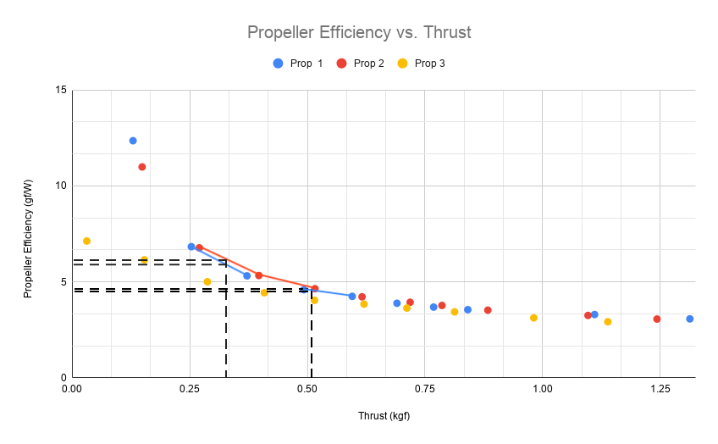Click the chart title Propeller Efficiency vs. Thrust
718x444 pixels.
click(359, 32)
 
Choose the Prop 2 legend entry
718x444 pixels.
click(361, 63)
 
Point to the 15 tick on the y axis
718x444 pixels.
click(61, 90)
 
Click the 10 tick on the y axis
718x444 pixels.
click(61, 186)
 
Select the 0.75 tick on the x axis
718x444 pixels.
click(424, 389)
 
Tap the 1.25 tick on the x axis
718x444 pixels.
click(660, 389)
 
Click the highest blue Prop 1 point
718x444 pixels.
click(133, 141)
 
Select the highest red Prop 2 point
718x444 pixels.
click(142, 167)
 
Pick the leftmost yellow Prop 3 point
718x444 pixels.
click(86, 241)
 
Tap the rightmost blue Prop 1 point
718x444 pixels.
click(690, 319)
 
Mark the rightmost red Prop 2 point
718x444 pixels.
click(657, 319)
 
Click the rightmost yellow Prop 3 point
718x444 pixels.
click(608, 321)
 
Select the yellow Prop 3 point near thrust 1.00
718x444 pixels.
click(533, 318)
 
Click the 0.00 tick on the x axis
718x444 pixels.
click(72, 389)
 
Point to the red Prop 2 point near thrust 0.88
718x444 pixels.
click(488, 310)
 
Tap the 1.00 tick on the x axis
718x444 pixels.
click(542, 389)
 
